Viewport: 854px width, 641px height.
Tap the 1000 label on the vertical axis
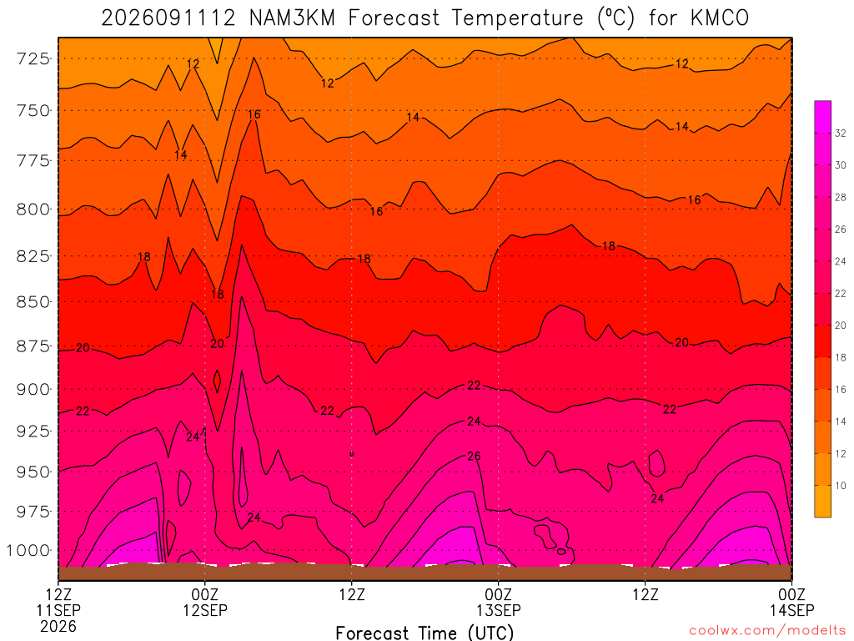(x=28, y=551)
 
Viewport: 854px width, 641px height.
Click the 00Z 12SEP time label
(x=205, y=602)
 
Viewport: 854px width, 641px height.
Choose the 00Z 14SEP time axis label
(x=792, y=602)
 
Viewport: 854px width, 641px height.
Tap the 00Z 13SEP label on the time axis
(x=499, y=602)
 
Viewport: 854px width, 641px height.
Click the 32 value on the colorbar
(x=841, y=133)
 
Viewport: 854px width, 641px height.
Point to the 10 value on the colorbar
(x=841, y=486)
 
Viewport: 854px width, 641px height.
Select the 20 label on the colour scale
(x=841, y=326)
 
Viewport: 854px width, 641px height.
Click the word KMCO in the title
(x=720, y=18)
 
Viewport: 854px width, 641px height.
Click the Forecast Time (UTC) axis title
(x=424, y=633)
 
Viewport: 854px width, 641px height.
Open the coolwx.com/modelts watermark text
(x=768, y=630)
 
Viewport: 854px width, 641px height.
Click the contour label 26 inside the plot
(x=474, y=456)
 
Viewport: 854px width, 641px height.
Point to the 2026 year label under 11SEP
(x=58, y=626)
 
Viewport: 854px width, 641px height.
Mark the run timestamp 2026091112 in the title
(x=168, y=18)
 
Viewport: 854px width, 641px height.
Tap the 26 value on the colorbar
(x=841, y=230)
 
